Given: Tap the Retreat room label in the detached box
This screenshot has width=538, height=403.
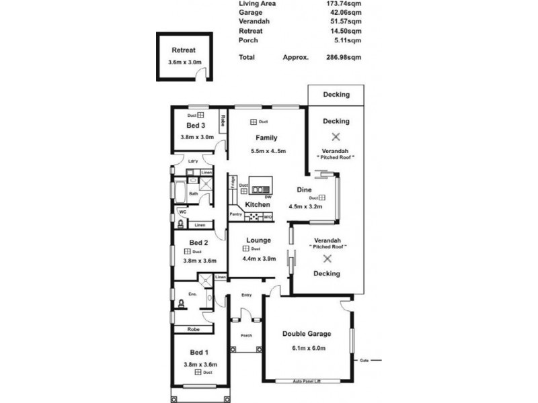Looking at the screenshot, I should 184,50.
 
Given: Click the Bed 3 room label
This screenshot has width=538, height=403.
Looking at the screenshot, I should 196,125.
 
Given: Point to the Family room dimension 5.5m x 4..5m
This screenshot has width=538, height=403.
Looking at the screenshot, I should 268,151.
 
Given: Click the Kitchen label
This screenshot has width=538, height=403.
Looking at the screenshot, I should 258,204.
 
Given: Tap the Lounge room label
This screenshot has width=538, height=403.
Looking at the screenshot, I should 258,240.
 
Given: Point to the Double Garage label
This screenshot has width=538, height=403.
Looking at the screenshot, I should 307,333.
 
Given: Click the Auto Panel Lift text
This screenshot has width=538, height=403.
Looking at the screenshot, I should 307,382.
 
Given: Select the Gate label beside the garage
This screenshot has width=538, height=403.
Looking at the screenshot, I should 365,359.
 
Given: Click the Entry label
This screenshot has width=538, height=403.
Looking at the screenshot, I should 246,294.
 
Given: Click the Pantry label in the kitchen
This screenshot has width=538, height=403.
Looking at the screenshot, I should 235,214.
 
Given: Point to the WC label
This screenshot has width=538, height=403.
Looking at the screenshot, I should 182,212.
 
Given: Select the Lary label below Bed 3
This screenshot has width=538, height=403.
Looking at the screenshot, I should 192,161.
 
